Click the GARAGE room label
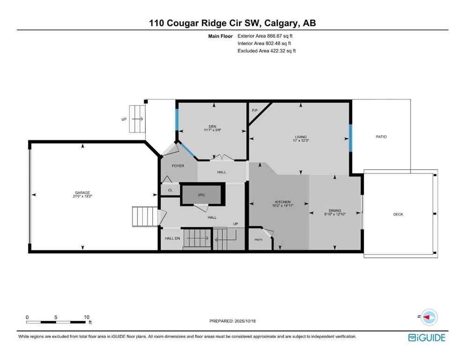pos(83,193)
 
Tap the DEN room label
pos(212,126)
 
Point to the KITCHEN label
pos(282,202)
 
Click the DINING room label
pos(335,211)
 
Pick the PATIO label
pos(381,137)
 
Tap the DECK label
pos(398,214)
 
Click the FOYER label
pos(177,166)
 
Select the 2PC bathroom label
pos(202,195)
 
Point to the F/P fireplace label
pos(255,111)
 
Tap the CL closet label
pos(170,190)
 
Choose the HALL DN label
pos(172,239)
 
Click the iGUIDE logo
pos(427,337)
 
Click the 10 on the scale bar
pos(87,317)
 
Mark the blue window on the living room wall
pos(350,137)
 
